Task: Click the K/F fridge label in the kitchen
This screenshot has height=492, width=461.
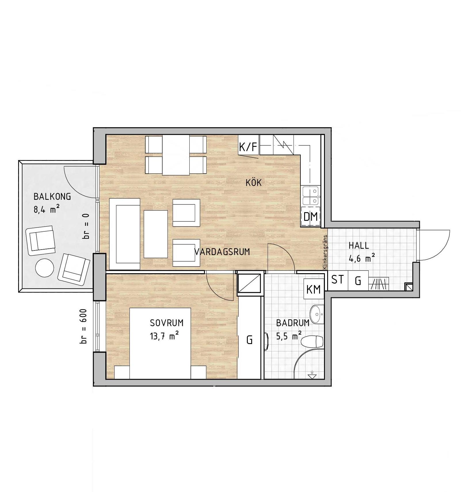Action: pyautogui.click(x=248, y=147)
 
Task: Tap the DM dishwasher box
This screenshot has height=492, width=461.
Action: pyautogui.click(x=310, y=216)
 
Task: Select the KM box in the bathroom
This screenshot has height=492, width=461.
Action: pyautogui.click(x=313, y=289)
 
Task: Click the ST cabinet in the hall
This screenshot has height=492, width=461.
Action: pyautogui.click(x=338, y=280)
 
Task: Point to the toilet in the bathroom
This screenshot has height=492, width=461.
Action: pyautogui.click(x=312, y=342)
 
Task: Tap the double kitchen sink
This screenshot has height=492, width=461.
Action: pyautogui.click(x=310, y=195)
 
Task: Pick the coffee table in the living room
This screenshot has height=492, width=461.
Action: pyautogui.click(x=156, y=234)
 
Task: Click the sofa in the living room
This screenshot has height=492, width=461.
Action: pyautogui.click(x=125, y=234)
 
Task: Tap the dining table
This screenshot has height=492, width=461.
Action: pyautogui.click(x=176, y=155)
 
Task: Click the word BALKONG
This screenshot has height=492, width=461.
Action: pyautogui.click(x=52, y=197)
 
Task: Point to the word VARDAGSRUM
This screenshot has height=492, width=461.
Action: pyautogui.click(x=222, y=252)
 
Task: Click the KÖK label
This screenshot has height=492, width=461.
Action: pyautogui.click(x=254, y=183)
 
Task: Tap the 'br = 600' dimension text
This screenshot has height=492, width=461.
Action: pyautogui.click(x=83, y=326)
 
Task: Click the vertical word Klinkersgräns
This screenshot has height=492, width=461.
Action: pyautogui.click(x=325, y=252)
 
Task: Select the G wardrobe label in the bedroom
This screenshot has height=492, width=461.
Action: pyautogui.click(x=249, y=340)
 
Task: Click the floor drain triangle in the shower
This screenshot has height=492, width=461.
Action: pyautogui.click(x=312, y=376)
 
